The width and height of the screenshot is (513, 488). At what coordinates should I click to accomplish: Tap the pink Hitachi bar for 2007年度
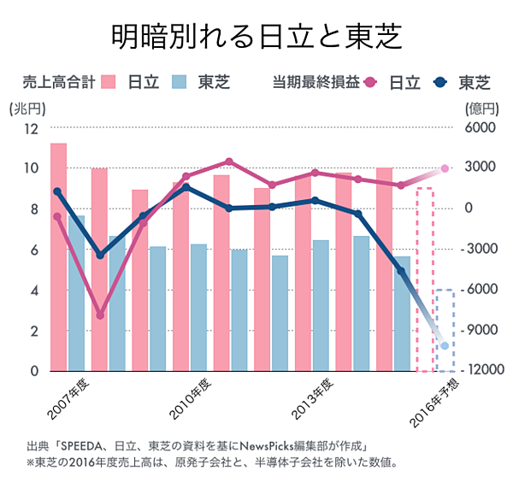point(59,256)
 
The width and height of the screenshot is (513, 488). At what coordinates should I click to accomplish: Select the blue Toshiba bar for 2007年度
point(76,293)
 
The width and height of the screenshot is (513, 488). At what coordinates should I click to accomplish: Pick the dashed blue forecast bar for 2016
point(445,330)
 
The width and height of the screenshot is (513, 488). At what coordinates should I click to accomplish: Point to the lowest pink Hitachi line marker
point(100,315)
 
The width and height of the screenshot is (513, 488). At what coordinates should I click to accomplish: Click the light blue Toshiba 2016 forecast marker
point(445,346)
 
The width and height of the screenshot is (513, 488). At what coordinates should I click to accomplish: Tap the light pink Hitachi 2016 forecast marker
point(445,169)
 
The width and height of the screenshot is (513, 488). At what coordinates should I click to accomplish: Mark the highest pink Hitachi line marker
point(228,162)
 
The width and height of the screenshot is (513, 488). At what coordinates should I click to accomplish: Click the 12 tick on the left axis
point(32,128)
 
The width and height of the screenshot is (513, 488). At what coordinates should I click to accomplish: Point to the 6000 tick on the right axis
point(481,128)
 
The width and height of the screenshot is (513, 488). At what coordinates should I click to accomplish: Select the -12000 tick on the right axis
point(479,370)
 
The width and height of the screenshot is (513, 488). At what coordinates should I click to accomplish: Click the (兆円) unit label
point(26,109)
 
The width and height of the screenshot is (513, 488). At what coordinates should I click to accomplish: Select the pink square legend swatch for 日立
point(109,83)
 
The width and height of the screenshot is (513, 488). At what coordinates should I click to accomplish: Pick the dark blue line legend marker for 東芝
point(441,83)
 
